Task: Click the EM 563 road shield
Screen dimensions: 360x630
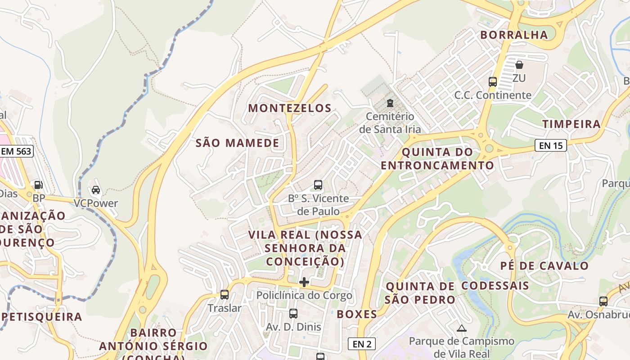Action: [17, 151]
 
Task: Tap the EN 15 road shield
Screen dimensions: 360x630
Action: [550, 145]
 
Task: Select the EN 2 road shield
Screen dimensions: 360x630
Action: [362, 344]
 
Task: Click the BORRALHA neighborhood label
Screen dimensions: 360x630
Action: [514, 35]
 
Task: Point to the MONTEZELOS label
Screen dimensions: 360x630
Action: [290, 108]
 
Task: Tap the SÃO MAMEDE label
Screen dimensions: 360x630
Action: [237, 143]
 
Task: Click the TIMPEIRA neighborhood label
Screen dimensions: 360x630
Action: [571, 124]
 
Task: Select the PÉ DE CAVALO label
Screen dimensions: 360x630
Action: [544, 265]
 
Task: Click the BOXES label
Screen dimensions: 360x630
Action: [357, 314]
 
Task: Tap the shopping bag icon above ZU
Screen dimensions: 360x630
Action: [519, 65]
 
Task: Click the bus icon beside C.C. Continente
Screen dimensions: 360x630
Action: [493, 82]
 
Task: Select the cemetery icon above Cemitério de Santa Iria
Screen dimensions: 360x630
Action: [390, 103]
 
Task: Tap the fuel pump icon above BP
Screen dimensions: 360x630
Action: [39, 184]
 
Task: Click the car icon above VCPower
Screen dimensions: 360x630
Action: [96, 190]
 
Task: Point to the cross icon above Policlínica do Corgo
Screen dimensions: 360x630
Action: [304, 282]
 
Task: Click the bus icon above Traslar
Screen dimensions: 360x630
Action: [225, 295]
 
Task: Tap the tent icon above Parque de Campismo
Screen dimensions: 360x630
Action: [461, 328]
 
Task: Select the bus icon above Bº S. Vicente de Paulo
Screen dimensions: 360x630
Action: [318, 184]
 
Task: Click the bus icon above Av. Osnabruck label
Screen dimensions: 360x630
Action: [603, 301]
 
